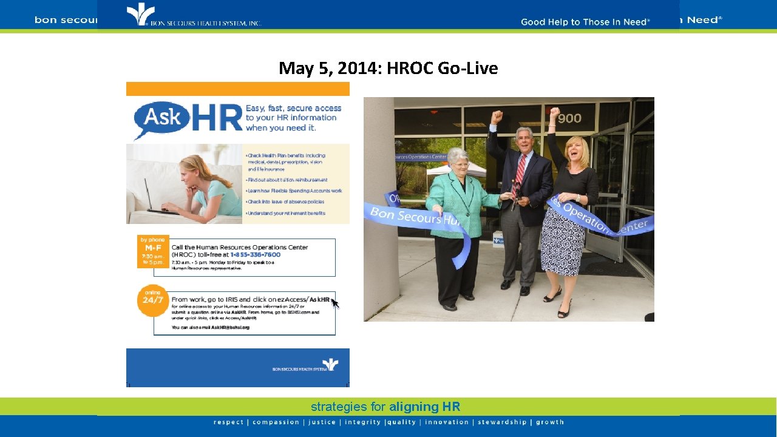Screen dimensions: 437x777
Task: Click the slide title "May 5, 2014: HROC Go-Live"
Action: pyautogui.click(x=388, y=69)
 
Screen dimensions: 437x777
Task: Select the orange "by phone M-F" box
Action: pyautogui.click(x=153, y=251)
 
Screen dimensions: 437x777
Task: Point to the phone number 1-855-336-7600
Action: pyautogui.click(x=254, y=255)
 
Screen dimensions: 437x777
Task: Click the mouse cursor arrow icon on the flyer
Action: pyautogui.click(x=335, y=303)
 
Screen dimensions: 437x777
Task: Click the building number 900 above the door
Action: pyautogui.click(x=569, y=118)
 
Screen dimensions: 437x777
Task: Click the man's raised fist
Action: pyautogui.click(x=497, y=116)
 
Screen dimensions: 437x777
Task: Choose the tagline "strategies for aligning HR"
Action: pyautogui.click(x=385, y=407)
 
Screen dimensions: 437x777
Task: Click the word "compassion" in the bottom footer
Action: pyautogui.click(x=276, y=422)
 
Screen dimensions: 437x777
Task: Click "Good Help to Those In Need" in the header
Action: pyautogui.click(x=585, y=22)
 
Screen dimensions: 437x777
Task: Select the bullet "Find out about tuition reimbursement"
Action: pyautogui.click(x=287, y=180)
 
